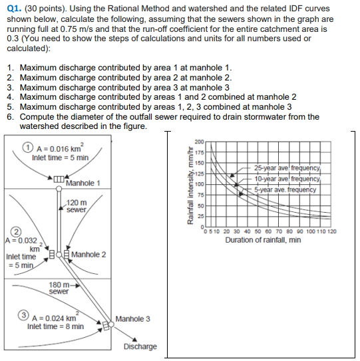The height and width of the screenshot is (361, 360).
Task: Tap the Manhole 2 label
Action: tap(89, 255)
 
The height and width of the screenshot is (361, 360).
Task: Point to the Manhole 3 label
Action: tap(132, 319)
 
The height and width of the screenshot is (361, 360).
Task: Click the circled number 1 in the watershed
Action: tap(27, 148)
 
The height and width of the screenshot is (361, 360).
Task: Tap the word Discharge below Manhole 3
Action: tap(140, 346)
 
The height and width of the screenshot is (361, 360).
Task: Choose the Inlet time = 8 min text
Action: tap(55, 326)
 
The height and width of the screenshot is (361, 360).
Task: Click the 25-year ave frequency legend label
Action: tap(287, 168)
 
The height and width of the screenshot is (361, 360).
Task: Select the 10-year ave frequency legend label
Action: tap(287, 178)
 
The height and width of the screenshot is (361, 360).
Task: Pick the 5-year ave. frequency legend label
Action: tap(285, 189)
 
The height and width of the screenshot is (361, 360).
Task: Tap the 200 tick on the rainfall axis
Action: tap(199, 141)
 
